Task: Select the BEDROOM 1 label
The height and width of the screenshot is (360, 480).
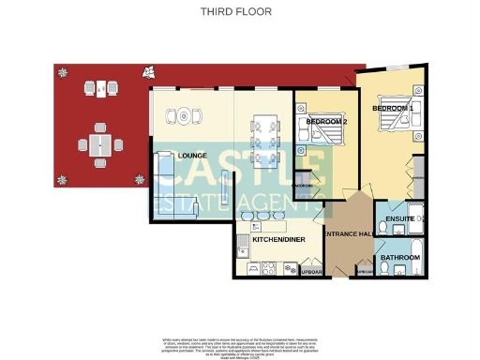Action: click(x=393, y=109)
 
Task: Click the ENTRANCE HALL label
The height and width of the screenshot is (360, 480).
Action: click(x=347, y=232)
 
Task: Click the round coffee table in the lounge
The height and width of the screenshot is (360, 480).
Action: click(x=180, y=116)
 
